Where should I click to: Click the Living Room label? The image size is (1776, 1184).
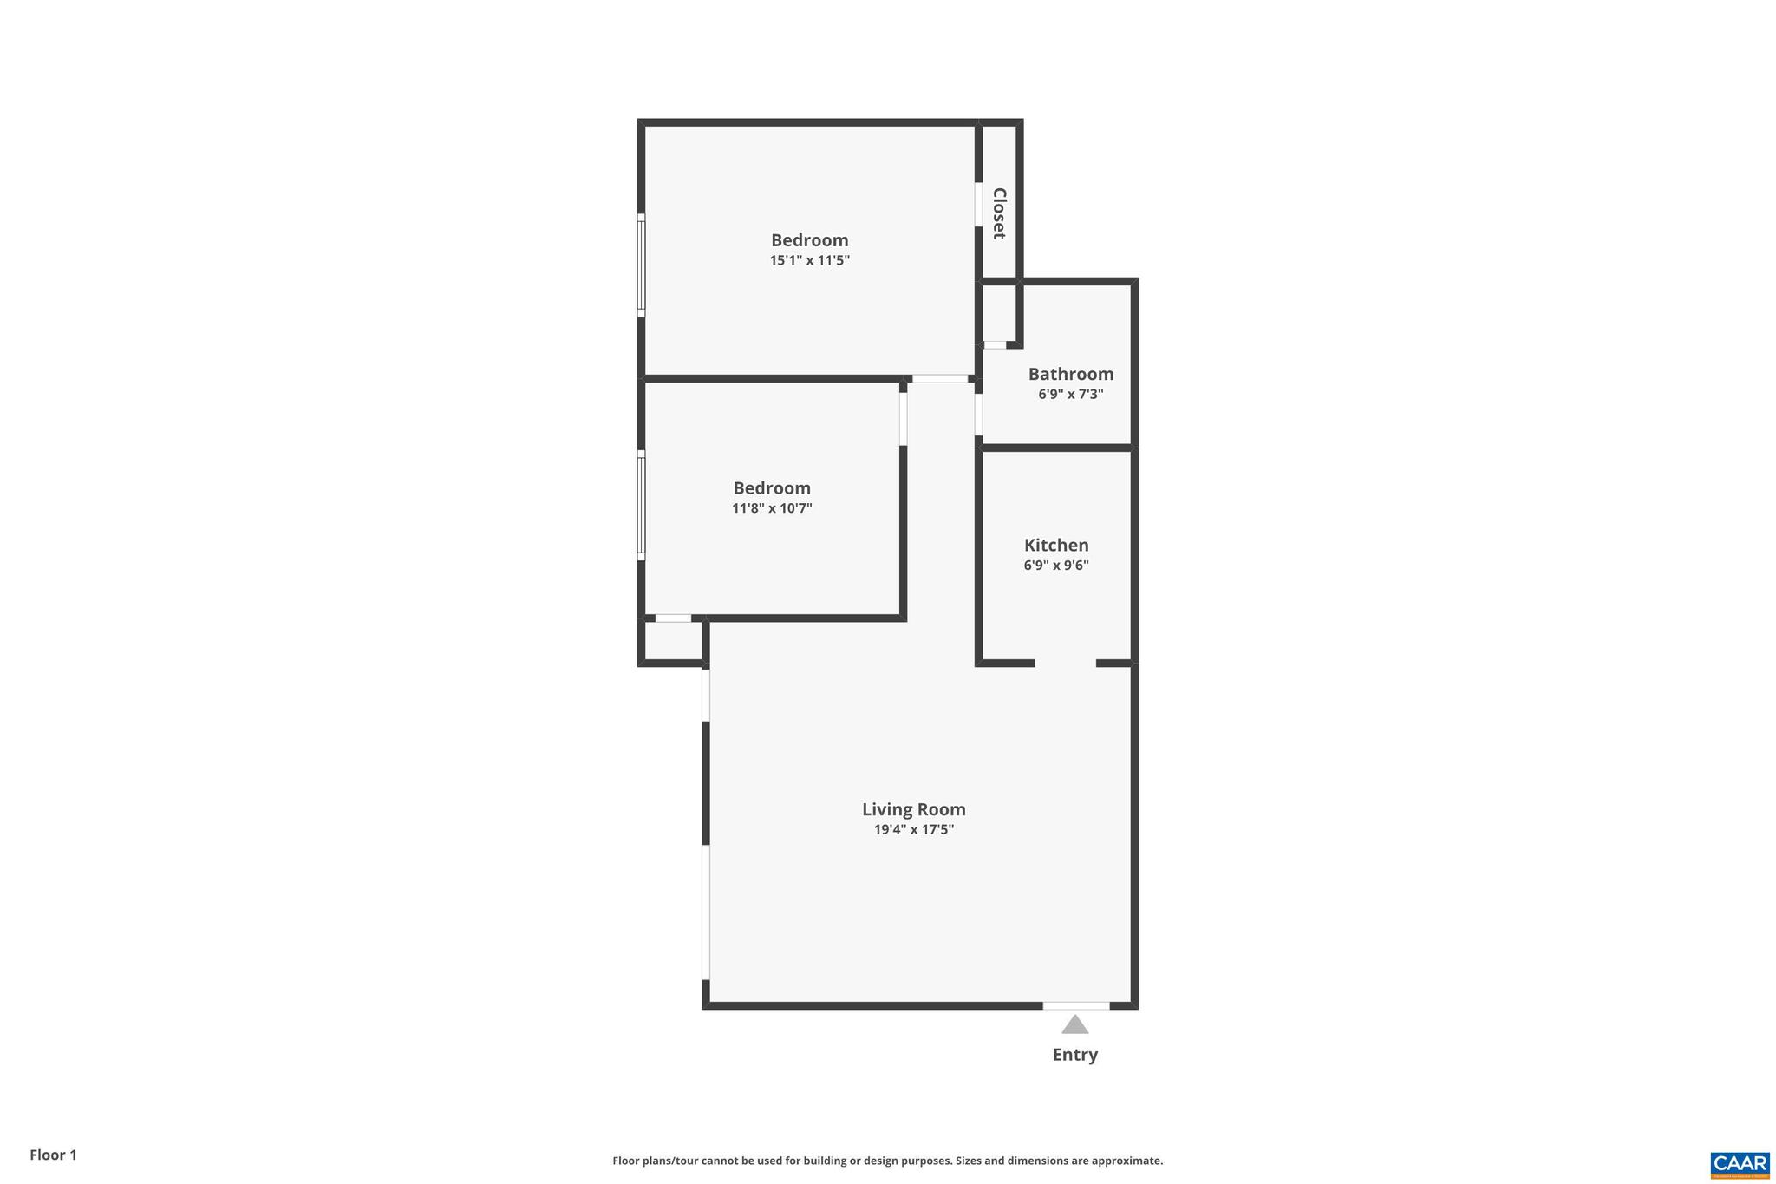pos(913,809)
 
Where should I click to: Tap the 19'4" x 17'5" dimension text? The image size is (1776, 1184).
pos(913,830)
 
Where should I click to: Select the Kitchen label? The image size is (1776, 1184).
pos(1056,546)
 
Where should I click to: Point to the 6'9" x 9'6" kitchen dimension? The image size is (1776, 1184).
pos(1056,566)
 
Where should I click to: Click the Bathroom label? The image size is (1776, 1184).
pos(1071,374)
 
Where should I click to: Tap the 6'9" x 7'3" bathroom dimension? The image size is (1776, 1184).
pos(1071,395)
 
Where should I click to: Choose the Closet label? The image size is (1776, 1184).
pos(999,213)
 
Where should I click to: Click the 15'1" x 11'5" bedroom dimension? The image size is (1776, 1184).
pos(809,260)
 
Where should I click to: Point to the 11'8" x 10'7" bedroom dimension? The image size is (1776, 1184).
pos(772,508)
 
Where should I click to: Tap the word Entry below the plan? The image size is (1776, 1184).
pos(1074,1055)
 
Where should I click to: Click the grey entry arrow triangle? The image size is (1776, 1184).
pos(1074,1025)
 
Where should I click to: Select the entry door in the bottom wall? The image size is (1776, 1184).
pos(1075,1005)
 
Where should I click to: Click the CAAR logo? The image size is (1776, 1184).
pos(1740,1164)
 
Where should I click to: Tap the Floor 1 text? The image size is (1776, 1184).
pos(53,1155)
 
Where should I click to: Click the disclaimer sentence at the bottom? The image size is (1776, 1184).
pos(887,1161)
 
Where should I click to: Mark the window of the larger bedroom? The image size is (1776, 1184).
pos(642,265)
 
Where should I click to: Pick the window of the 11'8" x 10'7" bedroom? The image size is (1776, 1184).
pos(642,505)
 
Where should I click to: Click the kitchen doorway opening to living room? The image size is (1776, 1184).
pos(1065,664)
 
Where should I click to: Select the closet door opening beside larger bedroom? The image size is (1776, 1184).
pos(978,205)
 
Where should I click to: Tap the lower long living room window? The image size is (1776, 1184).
pos(706,913)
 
